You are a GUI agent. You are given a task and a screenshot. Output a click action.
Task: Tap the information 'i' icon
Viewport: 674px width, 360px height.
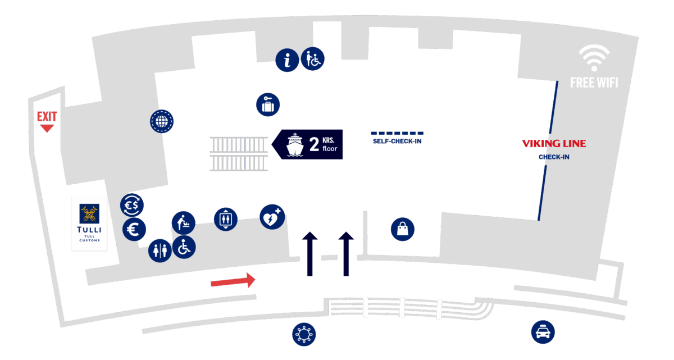[288, 60]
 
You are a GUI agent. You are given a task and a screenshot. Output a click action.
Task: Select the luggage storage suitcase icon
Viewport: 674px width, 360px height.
[268, 105]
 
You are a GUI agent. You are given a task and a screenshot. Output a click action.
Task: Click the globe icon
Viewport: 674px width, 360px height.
[162, 121]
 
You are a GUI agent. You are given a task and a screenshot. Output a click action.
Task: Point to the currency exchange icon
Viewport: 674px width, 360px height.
[133, 205]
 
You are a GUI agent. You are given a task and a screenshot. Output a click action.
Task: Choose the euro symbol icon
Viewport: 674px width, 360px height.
[134, 229]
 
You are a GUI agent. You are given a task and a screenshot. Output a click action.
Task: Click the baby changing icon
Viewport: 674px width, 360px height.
[183, 222]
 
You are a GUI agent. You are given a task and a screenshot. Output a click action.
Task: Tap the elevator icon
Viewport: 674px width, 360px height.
[226, 218]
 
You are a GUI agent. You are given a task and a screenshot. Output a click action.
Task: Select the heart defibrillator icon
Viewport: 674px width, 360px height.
[272, 217]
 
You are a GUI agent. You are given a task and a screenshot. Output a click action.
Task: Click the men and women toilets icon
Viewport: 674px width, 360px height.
[160, 250]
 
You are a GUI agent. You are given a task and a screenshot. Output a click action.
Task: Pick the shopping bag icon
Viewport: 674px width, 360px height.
[403, 229]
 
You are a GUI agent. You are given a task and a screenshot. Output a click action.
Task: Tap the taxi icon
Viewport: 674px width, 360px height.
[543, 332]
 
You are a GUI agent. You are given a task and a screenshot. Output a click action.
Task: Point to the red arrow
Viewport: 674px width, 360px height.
[233, 280]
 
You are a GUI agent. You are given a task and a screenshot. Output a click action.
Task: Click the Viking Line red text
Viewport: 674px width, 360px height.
[554, 144]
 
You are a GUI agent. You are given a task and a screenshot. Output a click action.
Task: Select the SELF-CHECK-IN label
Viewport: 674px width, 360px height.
[397, 141]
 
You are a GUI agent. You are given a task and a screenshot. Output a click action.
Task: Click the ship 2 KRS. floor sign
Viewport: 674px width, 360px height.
[307, 145]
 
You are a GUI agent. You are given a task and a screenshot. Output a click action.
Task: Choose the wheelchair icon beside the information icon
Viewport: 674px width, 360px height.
[313, 58]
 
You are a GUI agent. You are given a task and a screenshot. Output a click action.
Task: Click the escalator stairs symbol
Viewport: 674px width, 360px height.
[239, 153]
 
